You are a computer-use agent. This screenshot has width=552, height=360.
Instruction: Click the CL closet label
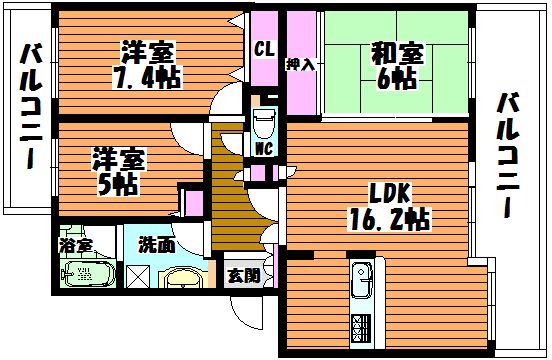coord(264,50)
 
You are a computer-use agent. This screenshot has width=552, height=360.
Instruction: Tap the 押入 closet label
coord(300,65)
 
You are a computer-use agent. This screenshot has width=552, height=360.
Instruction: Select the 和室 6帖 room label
coord(397,66)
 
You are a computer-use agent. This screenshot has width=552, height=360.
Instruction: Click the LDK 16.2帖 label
coord(389,210)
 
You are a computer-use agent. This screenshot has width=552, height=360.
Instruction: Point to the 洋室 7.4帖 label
coord(147,65)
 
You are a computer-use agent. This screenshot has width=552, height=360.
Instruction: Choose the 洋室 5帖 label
coord(118,172)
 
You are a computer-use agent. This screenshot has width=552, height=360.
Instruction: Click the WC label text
coord(264,149)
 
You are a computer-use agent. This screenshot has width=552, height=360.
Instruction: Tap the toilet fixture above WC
coord(264,122)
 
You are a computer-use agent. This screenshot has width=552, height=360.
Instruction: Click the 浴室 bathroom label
coord(76,245)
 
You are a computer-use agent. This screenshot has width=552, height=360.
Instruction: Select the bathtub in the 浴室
coord(88,274)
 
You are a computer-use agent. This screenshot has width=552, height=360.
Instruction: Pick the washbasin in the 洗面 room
coord(183,277)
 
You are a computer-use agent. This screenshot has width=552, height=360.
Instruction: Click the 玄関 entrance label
coord(244,276)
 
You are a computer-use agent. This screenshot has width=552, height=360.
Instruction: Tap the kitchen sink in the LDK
coord(362,279)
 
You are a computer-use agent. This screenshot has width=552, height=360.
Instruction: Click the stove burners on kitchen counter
coord(361,328)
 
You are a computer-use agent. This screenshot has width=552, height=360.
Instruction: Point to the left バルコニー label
coord(31,107)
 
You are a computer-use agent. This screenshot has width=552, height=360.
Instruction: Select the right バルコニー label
coord(508,155)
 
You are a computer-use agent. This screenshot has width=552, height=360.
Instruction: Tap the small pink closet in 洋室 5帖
coord(194,203)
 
